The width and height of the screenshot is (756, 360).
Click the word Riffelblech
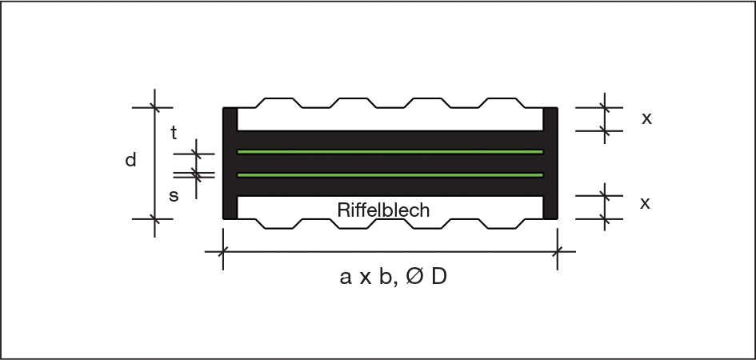point(383,210)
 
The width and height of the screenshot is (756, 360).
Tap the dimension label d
point(130,161)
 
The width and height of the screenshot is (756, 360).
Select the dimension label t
point(174,134)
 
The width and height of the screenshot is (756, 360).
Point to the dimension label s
point(174,195)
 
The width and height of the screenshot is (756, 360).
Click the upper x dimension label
point(646,118)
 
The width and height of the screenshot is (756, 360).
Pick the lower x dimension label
point(645,203)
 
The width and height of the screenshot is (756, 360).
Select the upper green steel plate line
point(390,151)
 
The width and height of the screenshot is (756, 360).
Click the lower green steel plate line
point(390,174)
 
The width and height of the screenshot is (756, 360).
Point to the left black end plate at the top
point(230,118)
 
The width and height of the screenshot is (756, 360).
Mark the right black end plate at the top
point(550,118)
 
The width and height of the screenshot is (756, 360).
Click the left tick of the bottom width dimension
point(222,251)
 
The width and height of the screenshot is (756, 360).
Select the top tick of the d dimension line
point(154,106)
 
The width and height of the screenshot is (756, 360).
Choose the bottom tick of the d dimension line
point(154,218)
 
